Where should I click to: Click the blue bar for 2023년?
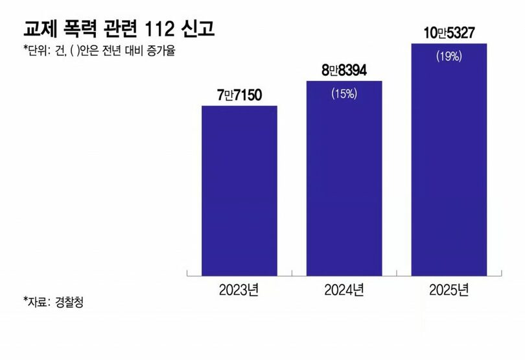239,191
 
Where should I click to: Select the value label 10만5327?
449,32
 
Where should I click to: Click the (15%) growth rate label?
344,93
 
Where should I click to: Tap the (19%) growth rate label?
449,56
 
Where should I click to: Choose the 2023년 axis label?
239,289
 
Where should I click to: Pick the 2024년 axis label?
344,289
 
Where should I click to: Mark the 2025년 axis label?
449,289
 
